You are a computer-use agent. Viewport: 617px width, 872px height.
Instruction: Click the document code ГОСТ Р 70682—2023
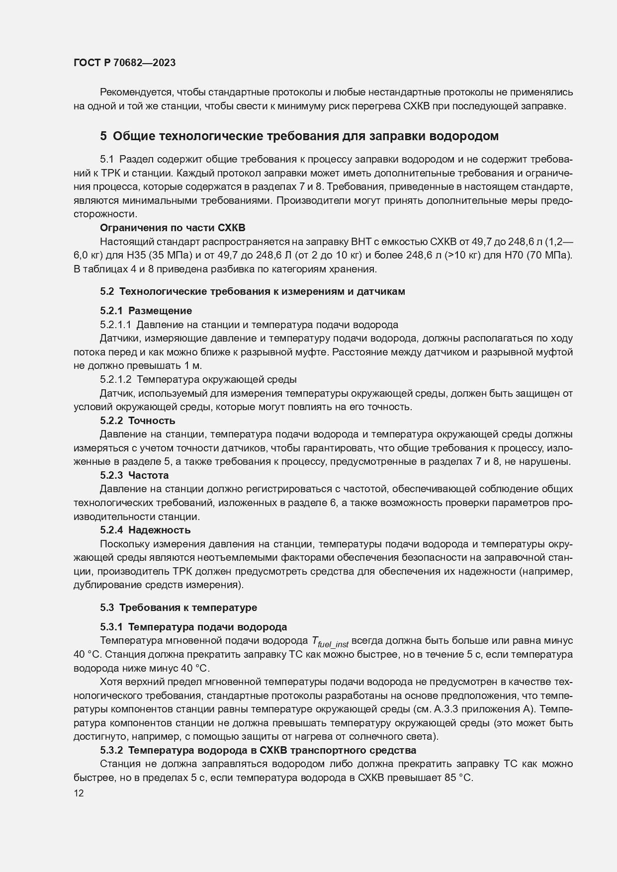point(124,63)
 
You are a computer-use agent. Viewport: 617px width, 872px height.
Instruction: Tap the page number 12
point(79,793)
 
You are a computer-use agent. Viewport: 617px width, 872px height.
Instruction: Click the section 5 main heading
point(299,136)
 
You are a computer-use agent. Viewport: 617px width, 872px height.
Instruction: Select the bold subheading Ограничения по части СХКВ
point(173,228)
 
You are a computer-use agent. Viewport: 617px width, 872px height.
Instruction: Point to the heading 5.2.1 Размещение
point(146,311)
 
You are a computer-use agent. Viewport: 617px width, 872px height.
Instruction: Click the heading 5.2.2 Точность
point(138,421)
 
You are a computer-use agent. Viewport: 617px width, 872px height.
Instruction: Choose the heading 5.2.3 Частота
point(134,475)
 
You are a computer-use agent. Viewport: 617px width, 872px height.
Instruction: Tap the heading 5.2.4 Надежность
point(145,530)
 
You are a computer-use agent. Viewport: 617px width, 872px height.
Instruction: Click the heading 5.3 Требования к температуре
point(178,608)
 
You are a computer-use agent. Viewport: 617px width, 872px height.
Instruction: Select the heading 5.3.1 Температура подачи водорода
point(193,627)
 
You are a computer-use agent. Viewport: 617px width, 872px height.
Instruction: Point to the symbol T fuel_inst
point(330,642)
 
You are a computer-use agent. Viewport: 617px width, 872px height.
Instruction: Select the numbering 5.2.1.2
point(115,379)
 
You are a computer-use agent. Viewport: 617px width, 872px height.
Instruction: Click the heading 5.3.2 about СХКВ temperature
point(258,750)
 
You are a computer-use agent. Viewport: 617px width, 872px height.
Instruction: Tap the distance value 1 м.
point(192,366)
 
